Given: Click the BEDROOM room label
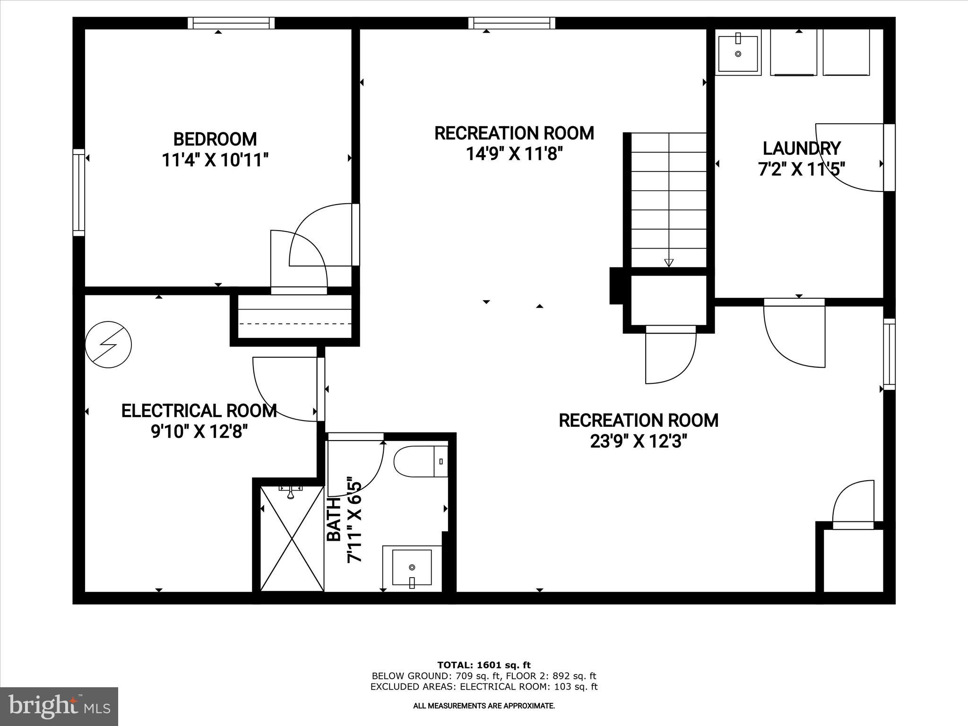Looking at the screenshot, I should (x=215, y=139).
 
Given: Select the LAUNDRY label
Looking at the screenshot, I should (x=802, y=148).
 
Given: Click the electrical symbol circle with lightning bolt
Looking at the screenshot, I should (x=108, y=345).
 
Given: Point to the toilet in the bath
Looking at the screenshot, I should (x=419, y=461).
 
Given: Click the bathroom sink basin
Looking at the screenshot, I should (x=412, y=567).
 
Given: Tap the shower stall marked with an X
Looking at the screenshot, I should (x=292, y=539).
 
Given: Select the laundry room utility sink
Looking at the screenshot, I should (x=738, y=53).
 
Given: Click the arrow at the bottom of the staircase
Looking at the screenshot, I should (x=668, y=263).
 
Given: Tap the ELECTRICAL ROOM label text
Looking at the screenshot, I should (x=199, y=411).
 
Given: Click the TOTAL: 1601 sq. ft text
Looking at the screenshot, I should (x=484, y=665).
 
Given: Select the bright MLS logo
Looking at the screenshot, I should (x=59, y=706).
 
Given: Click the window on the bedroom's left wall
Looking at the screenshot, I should (x=78, y=192).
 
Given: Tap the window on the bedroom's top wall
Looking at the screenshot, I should (x=231, y=23).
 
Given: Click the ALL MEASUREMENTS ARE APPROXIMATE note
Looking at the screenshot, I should (x=484, y=706).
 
